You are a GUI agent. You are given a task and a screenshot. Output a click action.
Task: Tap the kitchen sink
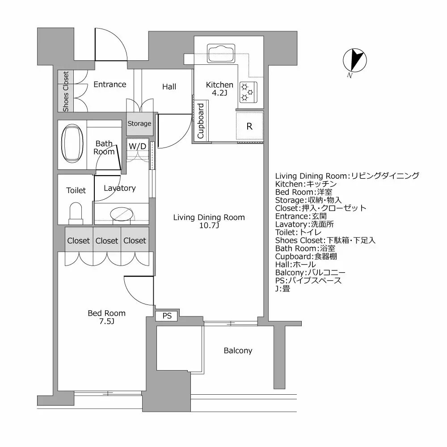point(220,53)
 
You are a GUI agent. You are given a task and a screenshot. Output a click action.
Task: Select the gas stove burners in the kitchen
point(247,92)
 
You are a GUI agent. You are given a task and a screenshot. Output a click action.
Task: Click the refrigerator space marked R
point(249,127)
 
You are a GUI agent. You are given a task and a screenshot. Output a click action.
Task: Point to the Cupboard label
point(201,121)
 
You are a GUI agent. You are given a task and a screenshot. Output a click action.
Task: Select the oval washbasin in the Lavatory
point(124,214)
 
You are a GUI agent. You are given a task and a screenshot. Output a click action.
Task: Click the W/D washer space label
point(137,146)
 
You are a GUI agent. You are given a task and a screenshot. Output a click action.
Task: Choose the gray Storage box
point(139,123)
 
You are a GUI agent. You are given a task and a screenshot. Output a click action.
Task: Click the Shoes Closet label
point(66,92)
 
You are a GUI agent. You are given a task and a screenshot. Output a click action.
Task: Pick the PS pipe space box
point(167,316)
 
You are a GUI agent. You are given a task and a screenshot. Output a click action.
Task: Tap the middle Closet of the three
point(107,240)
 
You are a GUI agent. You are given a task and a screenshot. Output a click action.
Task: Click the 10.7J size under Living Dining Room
point(209,226)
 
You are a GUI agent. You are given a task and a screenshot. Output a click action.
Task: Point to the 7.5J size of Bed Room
point(106,321)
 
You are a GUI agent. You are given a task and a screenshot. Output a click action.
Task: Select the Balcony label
point(238,351)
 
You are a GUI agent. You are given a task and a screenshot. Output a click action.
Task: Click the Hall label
point(169,87)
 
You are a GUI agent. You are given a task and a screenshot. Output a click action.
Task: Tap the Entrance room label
point(110,84)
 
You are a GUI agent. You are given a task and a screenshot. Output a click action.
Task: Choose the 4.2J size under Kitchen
point(219,93)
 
